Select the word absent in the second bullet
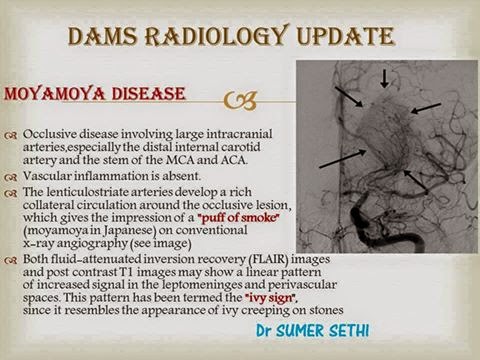[x=166, y=174]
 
